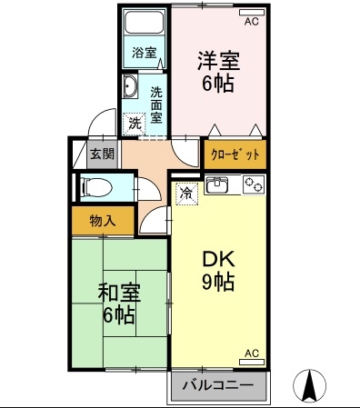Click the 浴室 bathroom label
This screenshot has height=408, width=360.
pos(145,53)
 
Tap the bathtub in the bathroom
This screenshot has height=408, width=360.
pos(145,23)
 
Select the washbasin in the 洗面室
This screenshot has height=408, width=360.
pos(130,86)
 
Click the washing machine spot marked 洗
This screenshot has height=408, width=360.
pos(135,124)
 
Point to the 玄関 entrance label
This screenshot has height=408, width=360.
pos(103,154)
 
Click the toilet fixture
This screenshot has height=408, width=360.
pos(96,187)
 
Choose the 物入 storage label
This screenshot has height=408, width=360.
pos(103,221)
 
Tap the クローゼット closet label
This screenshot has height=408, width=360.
pos(235,154)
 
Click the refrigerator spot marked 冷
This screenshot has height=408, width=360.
pos(187,194)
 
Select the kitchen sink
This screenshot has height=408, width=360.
pos(217,184)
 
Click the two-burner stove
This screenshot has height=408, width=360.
pos(254,184)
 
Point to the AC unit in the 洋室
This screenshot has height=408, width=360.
pos(252,13)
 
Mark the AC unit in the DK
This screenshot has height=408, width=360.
pos(252,362)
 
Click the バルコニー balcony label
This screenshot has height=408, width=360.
pos(217,385)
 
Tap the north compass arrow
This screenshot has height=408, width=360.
pos(310,384)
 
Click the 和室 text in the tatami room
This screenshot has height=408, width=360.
pos(119,294)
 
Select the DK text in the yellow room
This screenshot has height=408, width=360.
pos(218,259)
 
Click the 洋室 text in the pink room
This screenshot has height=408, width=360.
pos(218,61)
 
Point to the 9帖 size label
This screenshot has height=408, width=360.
pos(218,283)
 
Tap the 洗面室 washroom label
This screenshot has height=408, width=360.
pos(156,104)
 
